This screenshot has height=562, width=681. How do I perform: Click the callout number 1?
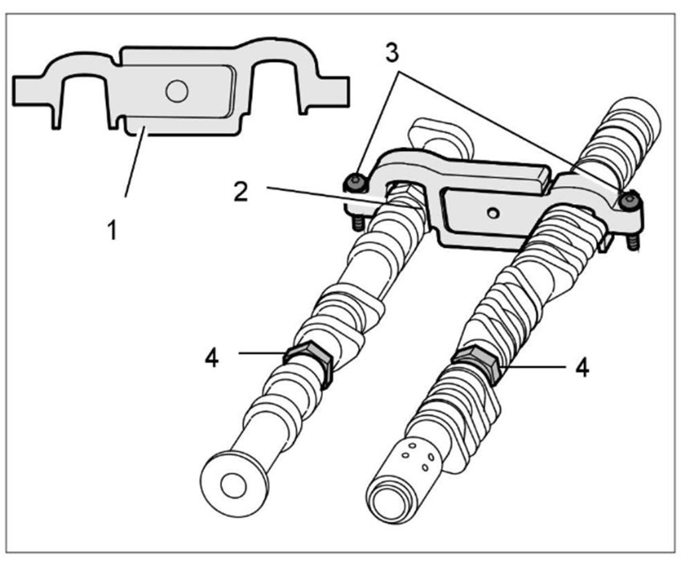coord(112,230)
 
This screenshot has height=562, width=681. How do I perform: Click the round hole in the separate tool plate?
coord(176,92)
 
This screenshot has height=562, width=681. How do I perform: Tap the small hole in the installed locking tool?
coord(493,212)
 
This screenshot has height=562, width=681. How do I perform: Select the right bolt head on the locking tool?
coord(631,199)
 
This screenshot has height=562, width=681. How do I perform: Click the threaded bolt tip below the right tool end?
coord(634,240)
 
